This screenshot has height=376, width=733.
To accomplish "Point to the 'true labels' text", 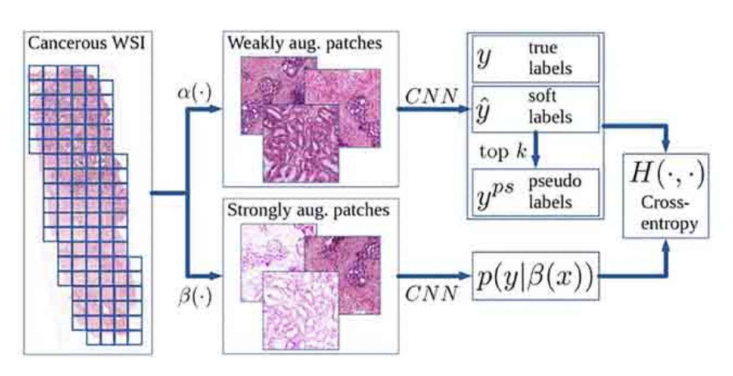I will pyautogui.click(x=549, y=58).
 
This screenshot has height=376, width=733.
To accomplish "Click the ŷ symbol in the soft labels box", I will pyautogui.click(x=484, y=110).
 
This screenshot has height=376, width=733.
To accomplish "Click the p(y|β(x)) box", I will pyautogui.click(x=535, y=276).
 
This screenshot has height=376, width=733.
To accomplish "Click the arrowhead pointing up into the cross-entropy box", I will pyautogui.click(x=666, y=246).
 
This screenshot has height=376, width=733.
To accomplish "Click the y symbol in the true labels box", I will pyautogui.click(x=483, y=59).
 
